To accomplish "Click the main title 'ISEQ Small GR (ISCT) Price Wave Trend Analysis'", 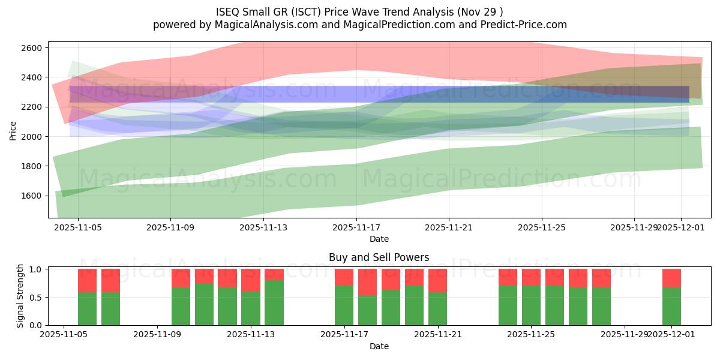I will coord(359,11).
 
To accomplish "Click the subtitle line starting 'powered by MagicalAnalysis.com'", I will coord(359,25).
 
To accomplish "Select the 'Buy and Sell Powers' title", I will coord(379,258).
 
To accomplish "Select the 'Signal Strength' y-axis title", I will coord(20,296).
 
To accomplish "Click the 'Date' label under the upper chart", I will coord(379,239).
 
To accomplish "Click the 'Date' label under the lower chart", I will coord(379,346).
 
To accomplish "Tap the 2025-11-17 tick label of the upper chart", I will coord(356,228).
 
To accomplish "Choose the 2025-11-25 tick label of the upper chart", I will coord(542,228).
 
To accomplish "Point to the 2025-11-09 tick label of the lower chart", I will coord(157,335).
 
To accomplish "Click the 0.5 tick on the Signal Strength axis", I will coord(36,297).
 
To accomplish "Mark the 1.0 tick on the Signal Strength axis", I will coord(36,269).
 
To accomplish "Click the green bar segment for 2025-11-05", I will coord(88,308).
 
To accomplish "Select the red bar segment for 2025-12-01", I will coord(671,278).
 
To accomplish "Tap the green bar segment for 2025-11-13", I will coord(274,302).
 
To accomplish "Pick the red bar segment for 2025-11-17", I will coord(344,277).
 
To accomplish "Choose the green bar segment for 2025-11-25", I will coord(532,305).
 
